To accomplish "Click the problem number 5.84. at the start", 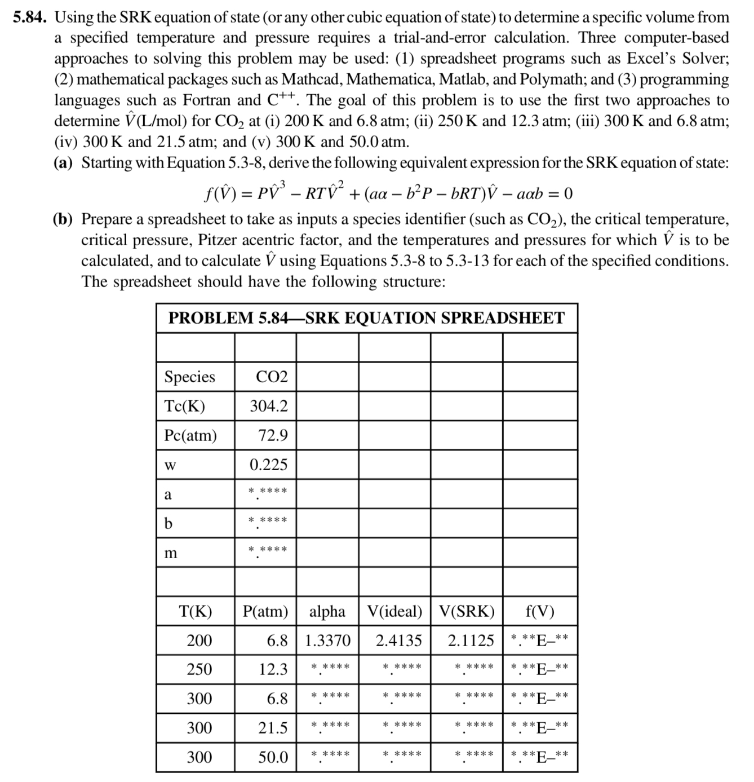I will [x=31, y=17].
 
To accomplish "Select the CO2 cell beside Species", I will [x=272, y=377].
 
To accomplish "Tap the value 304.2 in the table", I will [x=269, y=406].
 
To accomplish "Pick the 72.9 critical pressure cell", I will [x=273, y=435].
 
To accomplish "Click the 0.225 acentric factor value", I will [x=269, y=465].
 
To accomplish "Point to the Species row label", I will [x=189, y=377].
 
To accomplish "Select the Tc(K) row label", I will [x=184, y=406].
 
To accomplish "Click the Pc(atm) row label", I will [x=190, y=435].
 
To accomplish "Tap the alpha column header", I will [x=327, y=611].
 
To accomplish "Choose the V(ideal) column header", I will [x=394, y=611].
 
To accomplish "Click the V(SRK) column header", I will [x=467, y=611].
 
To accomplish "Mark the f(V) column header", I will [x=539, y=611].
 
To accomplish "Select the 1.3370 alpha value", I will [x=327, y=640].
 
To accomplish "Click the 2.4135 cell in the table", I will [x=398, y=640].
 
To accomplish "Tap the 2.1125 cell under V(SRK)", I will [x=471, y=640].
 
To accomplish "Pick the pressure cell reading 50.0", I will [x=273, y=757].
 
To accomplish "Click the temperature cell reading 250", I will [x=199, y=669].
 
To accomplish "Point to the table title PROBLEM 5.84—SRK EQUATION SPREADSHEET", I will [x=366, y=318].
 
